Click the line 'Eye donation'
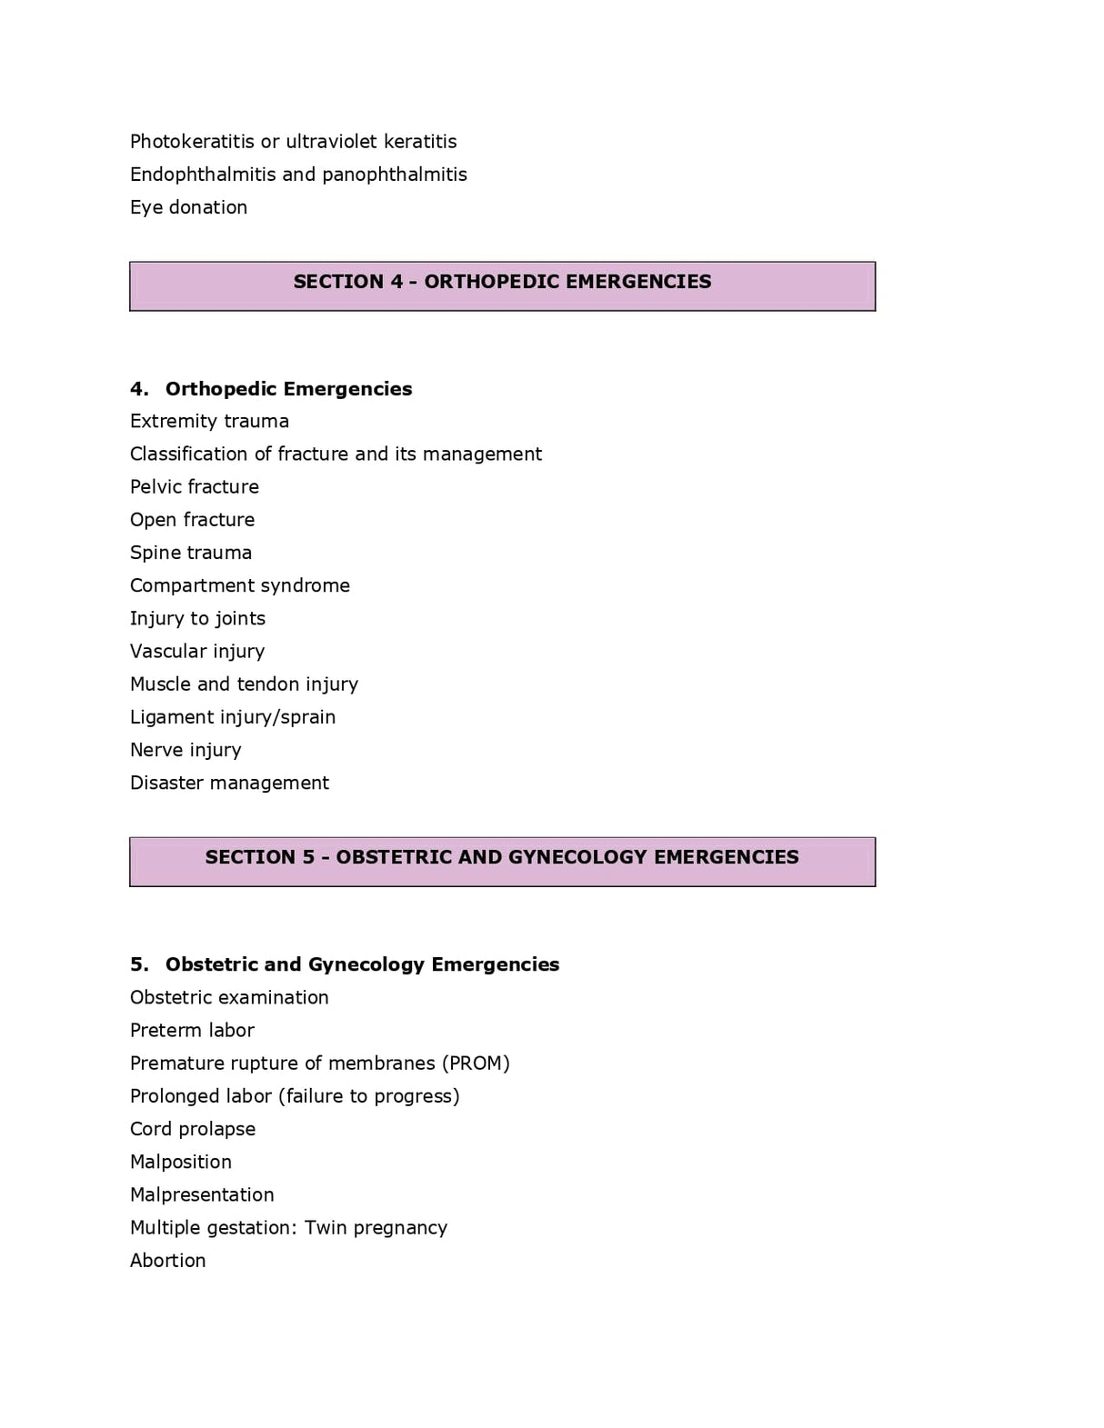click(x=188, y=207)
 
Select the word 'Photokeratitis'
click(x=191, y=142)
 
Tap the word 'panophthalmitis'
click(x=394, y=175)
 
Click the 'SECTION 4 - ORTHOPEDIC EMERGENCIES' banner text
click(x=502, y=282)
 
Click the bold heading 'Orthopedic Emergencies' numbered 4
click(x=288, y=389)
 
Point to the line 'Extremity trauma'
click(x=209, y=422)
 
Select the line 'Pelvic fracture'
click(x=194, y=487)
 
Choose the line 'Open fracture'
click(x=192, y=520)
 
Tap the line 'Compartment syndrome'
click(x=239, y=585)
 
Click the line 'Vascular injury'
click(x=196, y=652)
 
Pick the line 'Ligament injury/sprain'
click(x=232, y=717)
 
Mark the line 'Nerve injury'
click(x=186, y=750)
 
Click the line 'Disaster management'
click(x=229, y=783)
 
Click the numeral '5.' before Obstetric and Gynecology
click(x=139, y=964)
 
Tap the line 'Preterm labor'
click(x=192, y=1031)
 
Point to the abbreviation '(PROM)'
click(x=476, y=1064)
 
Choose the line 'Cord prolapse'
click(x=193, y=1129)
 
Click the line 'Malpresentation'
click(x=202, y=1195)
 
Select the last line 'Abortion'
click(x=167, y=1261)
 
